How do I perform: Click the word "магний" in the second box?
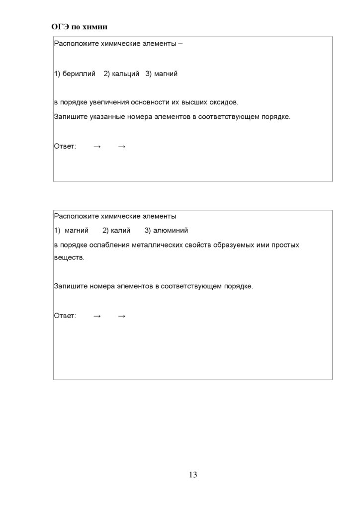(77, 231)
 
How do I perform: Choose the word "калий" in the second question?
(120, 231)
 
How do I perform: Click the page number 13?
(193, 474)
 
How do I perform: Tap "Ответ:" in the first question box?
(65, 147)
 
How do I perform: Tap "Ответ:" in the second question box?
(65, 316)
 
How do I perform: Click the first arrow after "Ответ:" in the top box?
(97, 147)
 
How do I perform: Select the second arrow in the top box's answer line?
(122, 147)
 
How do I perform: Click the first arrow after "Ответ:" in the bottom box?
(97, 316)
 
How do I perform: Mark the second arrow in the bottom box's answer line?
(122, 316)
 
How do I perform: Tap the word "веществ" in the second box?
(68, 258)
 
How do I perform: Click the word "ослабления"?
(109, 245)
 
